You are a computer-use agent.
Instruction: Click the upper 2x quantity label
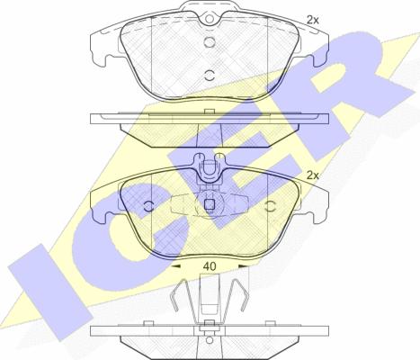coord(312,20)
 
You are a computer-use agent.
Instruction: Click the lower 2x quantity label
coord(312,175)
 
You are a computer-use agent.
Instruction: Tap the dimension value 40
coord(210,266)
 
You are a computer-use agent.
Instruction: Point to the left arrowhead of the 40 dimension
coord(175,266)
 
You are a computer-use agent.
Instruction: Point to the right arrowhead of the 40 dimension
coord(243,266)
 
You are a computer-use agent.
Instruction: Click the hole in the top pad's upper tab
coord(210,19)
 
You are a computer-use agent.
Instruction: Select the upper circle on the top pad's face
coord(210,41)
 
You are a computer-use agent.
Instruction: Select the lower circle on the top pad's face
coord(210,76)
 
